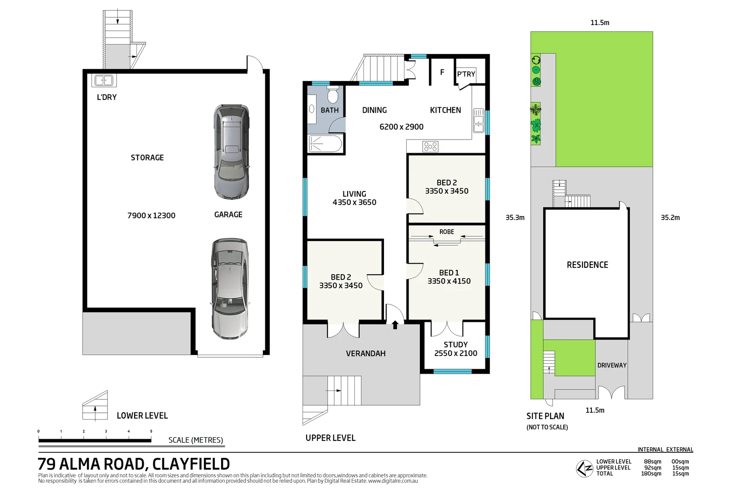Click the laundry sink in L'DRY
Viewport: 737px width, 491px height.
coord(104,81)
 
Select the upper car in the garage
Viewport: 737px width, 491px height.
coord(232,151)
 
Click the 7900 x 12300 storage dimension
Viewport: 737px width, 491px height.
coord(151,215)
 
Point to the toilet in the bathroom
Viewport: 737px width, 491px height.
coord(333,95)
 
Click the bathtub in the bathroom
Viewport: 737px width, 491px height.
coord(325,145)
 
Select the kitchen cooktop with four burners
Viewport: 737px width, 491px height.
coord(430,146)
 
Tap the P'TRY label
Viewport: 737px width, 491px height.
coord(466,74)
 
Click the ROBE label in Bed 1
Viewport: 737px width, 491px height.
coord(446,232)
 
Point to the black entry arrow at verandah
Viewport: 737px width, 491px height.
coord(395,325)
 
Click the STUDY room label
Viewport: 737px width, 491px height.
coord(455,345)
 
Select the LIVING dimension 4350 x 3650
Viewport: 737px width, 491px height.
coord(354,202)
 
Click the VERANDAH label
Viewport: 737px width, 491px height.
coord(365,354)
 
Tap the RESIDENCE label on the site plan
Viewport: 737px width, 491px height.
coord(587,265)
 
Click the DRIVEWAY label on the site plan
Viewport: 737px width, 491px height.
coord(611,365)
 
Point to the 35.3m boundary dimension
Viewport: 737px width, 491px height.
coord(515,218)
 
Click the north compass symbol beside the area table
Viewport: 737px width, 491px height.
coord(584,468)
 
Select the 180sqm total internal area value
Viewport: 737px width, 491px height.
coord(651,474)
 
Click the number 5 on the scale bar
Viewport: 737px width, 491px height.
coord(151,431)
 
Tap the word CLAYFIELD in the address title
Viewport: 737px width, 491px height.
coord(191,464)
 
